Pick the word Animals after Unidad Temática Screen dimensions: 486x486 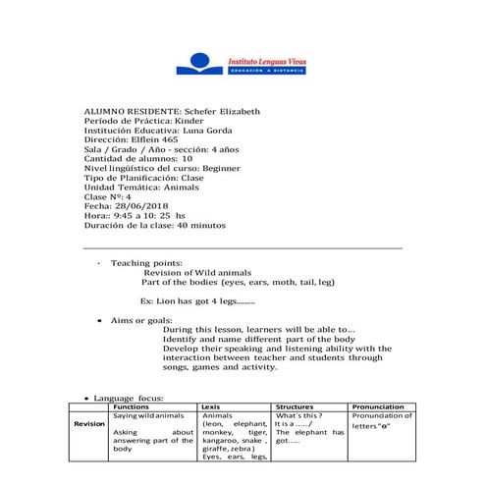183,186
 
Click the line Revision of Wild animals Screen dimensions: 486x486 197,272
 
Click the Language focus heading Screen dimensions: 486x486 128,398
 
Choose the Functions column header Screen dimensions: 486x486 131,406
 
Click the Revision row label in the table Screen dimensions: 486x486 89,424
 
